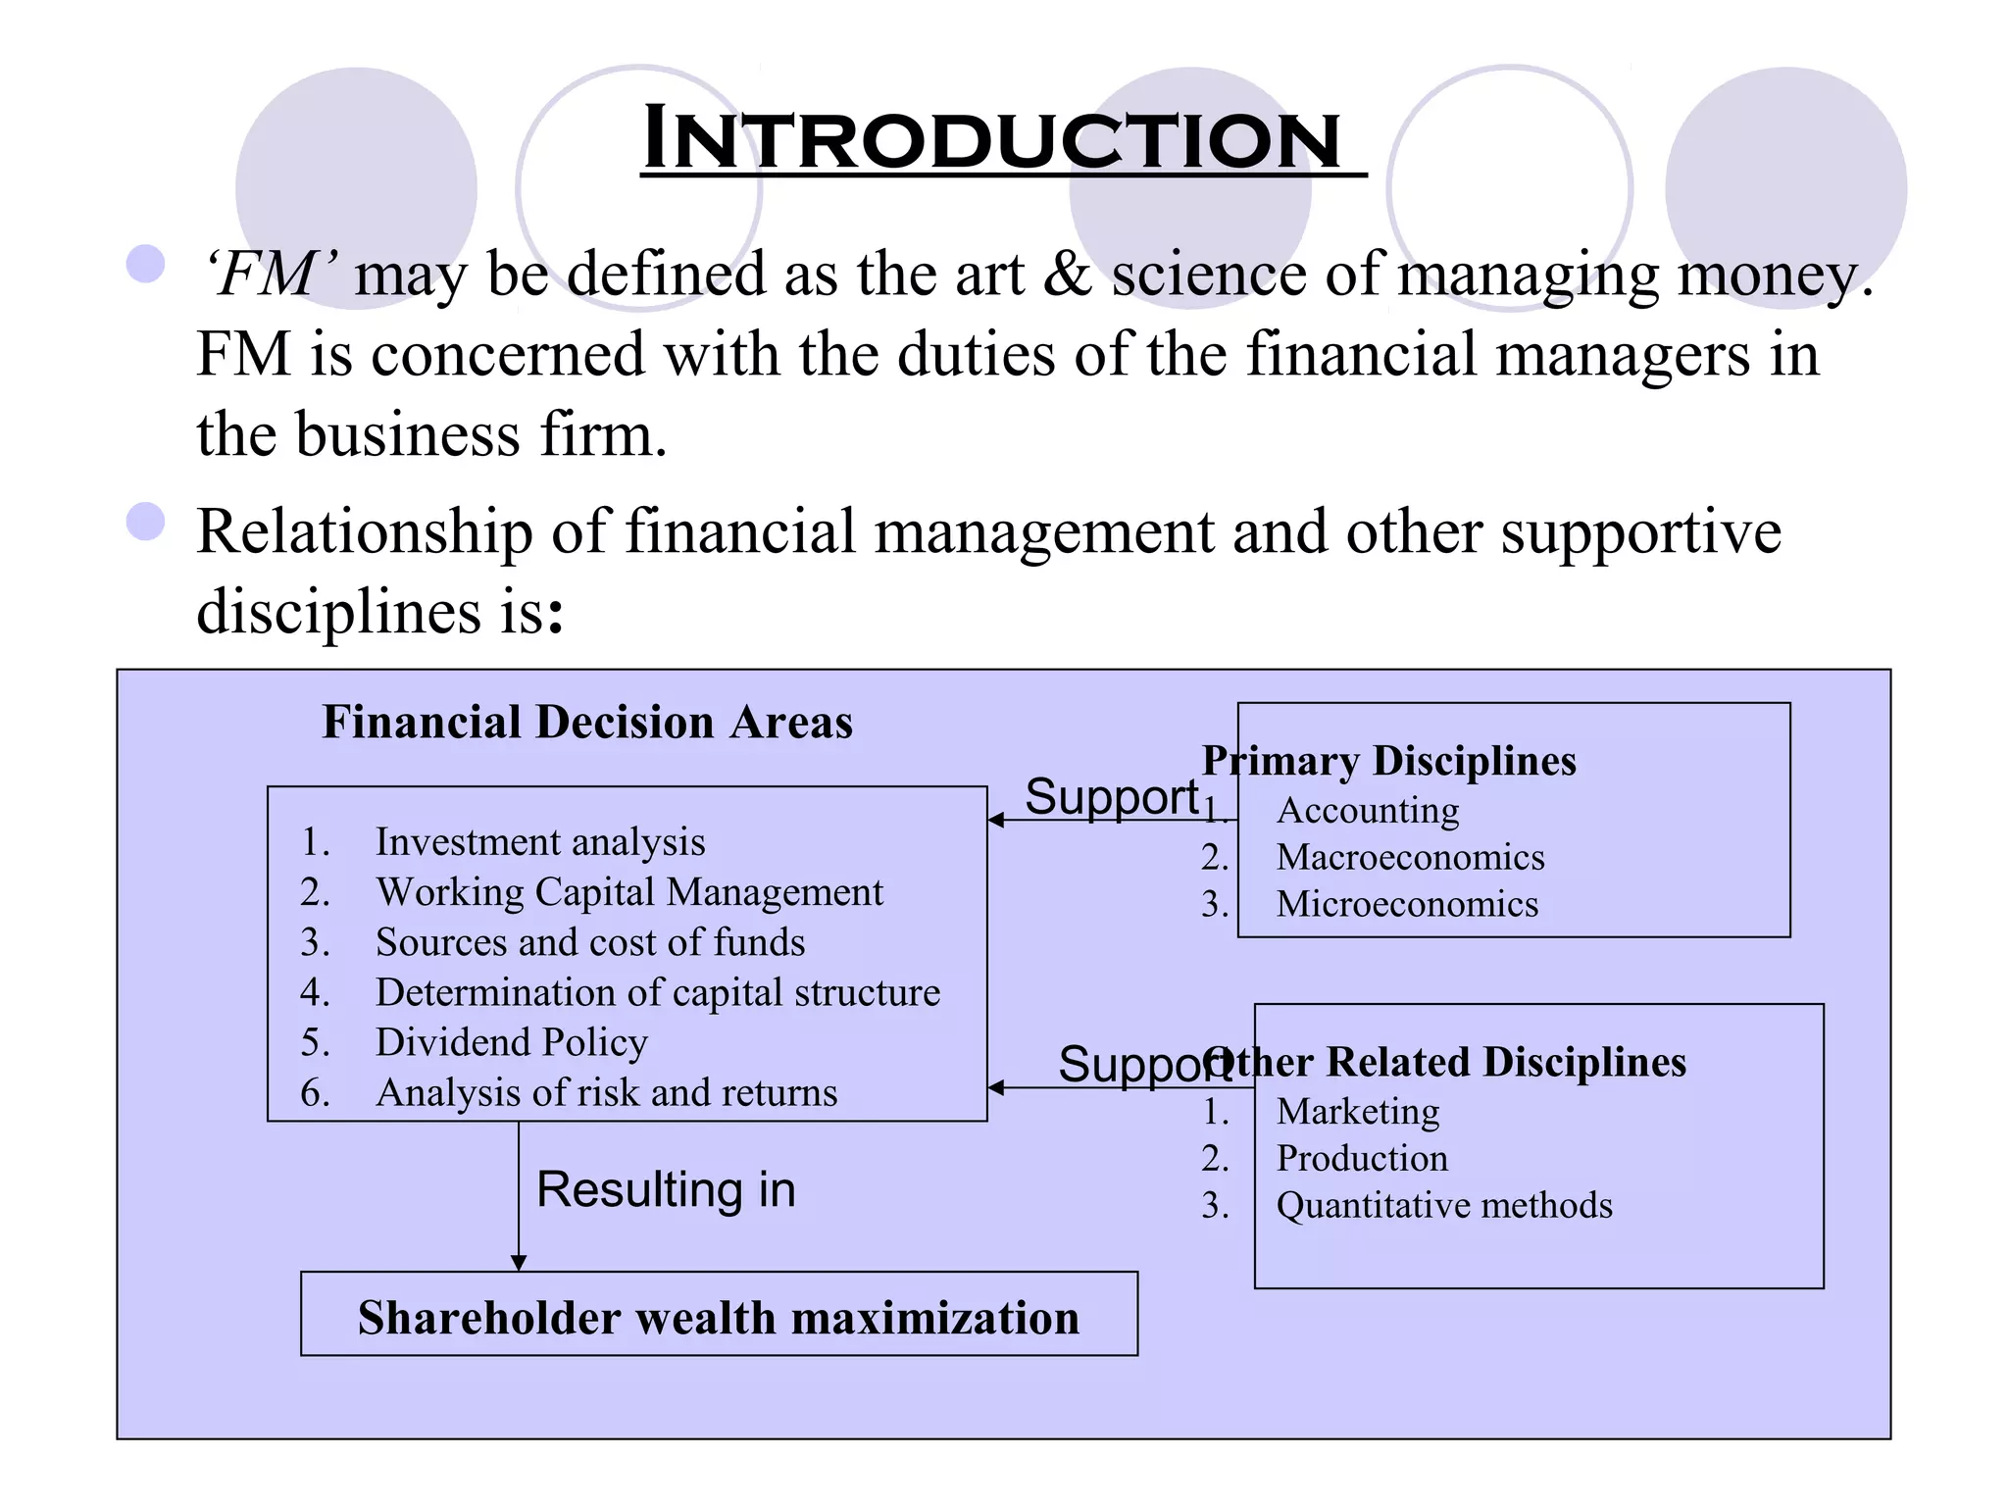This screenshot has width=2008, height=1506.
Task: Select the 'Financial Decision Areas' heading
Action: (x=587, y=723)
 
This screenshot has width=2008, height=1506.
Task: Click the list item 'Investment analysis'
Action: (x=539, y=842)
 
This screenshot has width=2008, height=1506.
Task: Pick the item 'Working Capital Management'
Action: (x=628, y=892)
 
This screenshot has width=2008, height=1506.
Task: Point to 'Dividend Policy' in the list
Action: (x=511, y=1042)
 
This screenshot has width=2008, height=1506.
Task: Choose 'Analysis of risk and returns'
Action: (x=606, y=1092)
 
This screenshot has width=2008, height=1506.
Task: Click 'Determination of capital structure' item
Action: (x=657, y=992)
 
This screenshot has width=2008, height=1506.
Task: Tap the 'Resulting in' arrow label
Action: (x=666, y=1189)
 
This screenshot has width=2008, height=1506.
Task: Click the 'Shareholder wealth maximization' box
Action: (x=719, y=1316)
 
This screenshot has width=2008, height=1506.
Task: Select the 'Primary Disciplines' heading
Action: (x=1389, y=761)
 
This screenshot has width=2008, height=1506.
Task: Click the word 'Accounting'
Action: (x=1368, y=810)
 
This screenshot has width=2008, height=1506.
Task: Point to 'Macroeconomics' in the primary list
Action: (x=1410, y=857)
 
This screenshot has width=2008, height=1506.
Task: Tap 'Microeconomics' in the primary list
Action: (x=1407, y=904)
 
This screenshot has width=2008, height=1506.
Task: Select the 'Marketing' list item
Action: (x=1358, y=1111)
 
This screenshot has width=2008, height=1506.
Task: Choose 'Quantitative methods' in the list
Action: (x=1443, y=1205)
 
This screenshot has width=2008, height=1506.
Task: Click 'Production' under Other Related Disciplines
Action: (x=1361, y=1158)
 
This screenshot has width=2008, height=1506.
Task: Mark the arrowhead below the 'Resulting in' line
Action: (x=519, y=1263)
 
